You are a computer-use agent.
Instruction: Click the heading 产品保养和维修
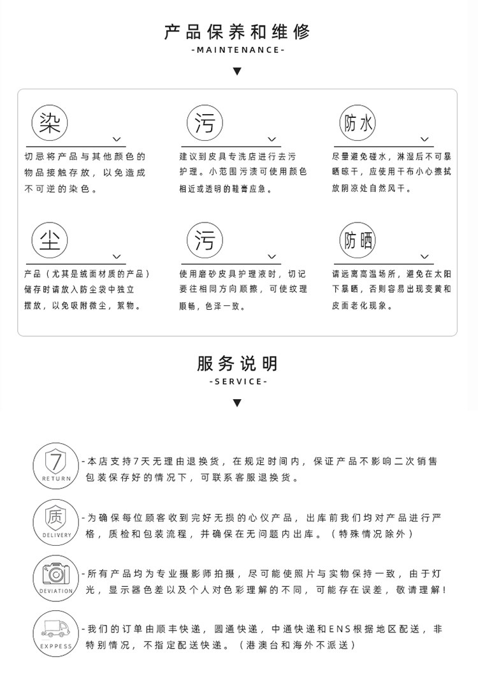(x=237, y=31)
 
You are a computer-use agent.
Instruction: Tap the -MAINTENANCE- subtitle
(x=237, y=50)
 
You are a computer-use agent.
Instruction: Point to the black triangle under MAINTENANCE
(x=237, y=71)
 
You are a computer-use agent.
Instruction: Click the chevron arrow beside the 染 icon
(x=117, y=139)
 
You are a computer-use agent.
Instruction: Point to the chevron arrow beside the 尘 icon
(x=117, y=257)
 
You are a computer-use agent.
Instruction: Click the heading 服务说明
(x=237, y=363)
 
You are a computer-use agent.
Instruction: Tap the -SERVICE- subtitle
(x=237, y=381)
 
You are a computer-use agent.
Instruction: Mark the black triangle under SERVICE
(x=237, y=402)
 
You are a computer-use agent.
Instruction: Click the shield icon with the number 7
(x=56, y=461)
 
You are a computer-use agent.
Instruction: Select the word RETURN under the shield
(x=56, y=478)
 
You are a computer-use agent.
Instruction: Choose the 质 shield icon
(x=56, y=516)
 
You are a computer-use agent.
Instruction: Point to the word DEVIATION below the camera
(x=56, y=591)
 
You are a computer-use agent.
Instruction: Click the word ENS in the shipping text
(x=338, y=629)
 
